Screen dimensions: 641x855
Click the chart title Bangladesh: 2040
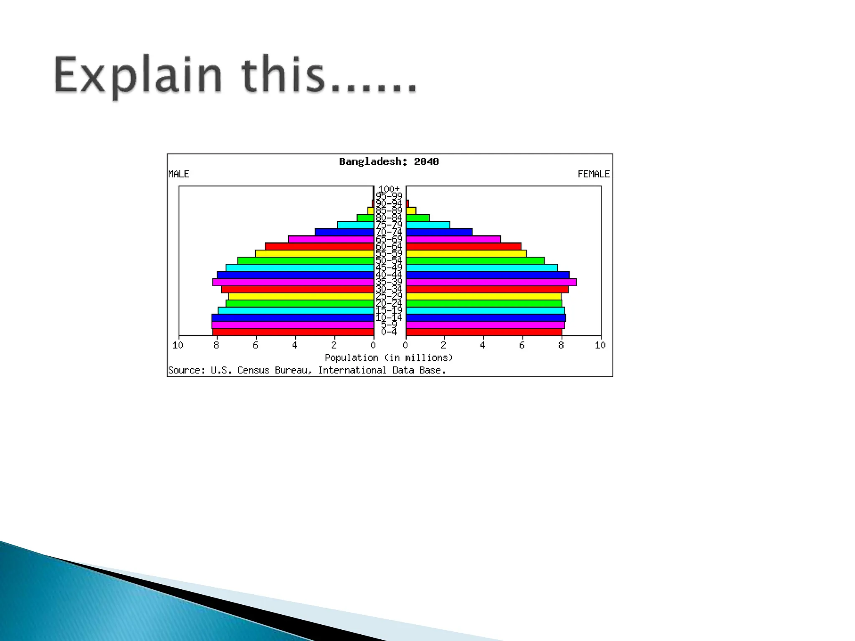coord(389,162)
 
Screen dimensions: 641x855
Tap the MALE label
coord(179,174)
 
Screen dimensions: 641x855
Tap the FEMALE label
coord(593,174)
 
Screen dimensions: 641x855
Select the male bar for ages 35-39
coord(293,282)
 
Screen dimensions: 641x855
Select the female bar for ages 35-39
coord(491,282)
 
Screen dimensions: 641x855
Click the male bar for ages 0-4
coord(293,332)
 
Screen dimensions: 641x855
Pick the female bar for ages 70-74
coord(439,232)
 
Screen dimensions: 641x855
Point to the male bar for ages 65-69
coord(331,239)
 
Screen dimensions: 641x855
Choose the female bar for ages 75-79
coord(428,225)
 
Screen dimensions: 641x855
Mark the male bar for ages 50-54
coord(306,260)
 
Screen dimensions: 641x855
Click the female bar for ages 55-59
coord(466,253)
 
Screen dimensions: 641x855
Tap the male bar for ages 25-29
coord(301,296)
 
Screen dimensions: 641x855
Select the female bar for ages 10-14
coord(486,318)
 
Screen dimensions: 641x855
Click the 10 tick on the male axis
coord(178,345)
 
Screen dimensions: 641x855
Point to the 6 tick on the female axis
coord(522,345)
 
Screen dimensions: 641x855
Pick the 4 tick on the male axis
coord(295,345)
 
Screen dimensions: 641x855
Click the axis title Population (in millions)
coord(389,358)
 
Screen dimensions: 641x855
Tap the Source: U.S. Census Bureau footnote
coord(307,370)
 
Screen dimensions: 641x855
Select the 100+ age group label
coord(389,189)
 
